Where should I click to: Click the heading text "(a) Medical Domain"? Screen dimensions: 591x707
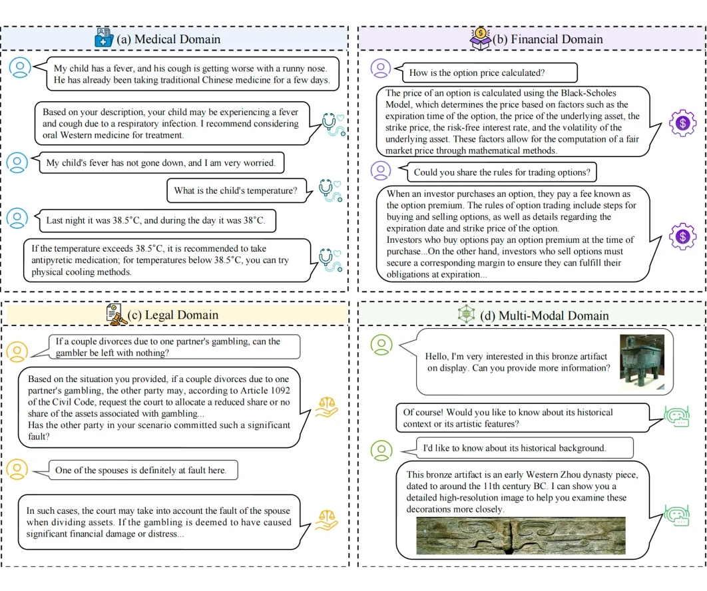click(168, 39)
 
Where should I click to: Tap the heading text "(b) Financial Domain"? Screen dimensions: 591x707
click(547, 39)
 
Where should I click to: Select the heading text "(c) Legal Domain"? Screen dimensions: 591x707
click(172, 314)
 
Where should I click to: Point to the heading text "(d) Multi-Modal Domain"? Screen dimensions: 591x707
click(544, 315)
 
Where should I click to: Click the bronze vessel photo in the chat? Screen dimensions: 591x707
click(641, 362)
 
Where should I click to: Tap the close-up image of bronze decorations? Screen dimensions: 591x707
click(521, 536)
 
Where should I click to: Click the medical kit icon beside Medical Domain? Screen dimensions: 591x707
click(105, 38)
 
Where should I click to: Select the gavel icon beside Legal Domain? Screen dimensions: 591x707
click(116, 313)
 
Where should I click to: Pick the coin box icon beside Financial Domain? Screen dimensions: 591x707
click(481, 37)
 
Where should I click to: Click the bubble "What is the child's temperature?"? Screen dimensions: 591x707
click(236, 190)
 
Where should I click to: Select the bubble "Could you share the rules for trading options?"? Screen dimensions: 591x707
click(501, 172)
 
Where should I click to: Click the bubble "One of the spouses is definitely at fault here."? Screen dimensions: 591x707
click(140, 470)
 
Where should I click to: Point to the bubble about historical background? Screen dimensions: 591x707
click(514, 448)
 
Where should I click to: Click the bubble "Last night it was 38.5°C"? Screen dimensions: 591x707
click(155, 220)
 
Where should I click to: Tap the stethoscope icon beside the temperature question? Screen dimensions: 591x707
click(330, 190)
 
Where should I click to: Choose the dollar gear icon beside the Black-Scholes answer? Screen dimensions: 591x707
click(682, 123)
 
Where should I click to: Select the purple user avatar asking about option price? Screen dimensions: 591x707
click(380, 69)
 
